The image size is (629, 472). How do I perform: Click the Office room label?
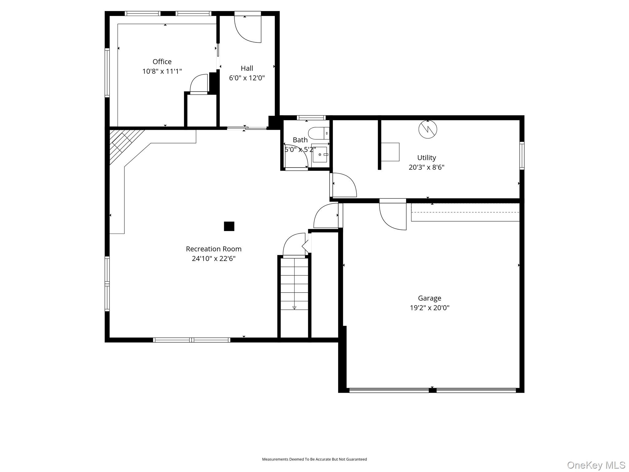click(x=162, y=61)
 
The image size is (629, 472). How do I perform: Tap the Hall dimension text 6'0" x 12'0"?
click(x=247, y=78)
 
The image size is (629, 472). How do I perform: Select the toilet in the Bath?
click(x=318, y=133)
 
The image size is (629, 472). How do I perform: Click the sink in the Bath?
click(x=319, y=155)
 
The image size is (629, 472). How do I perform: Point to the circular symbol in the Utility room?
click(x=428, y=129)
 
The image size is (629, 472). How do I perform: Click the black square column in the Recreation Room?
click(x=229, y=226)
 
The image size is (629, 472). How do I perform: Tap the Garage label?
click(x=429, y=298)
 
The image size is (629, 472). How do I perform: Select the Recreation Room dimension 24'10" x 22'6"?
click(x=213, y=258)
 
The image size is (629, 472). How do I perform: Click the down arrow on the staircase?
click(x=294, y=307)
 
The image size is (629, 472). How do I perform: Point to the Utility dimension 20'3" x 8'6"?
click(x=426, y=167)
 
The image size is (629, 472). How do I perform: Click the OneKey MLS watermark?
click(x=596, y=465)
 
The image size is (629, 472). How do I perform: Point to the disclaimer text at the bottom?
click(x=314, y=459)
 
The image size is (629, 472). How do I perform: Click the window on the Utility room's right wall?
click(x=522, y=155)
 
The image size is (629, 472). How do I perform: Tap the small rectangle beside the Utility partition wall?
click(x=390, y=152)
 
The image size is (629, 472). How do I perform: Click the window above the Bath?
click(x=311, y=117)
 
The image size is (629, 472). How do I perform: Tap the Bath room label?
click(x=300, y=140)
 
